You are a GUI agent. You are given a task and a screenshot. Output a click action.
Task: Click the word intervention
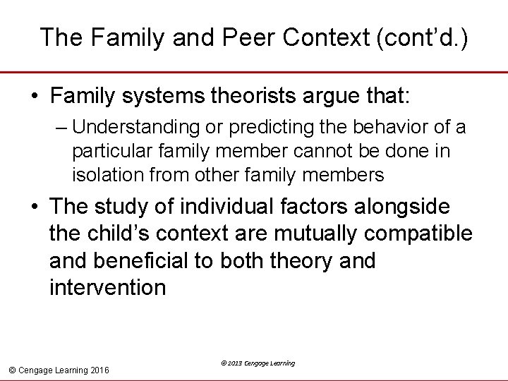[108, 287]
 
